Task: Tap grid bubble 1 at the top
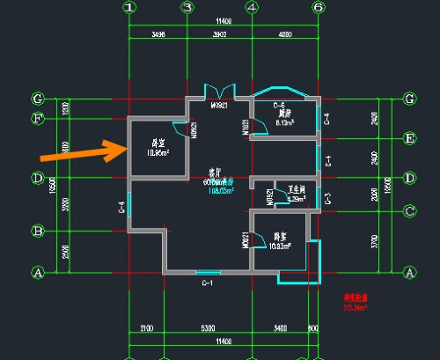(129, 8)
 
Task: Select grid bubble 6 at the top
(318, 8)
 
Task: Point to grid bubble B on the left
(37, 231)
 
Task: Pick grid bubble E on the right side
(408, 138)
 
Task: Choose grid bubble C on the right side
(408, 210)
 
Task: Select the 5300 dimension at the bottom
(208, 328)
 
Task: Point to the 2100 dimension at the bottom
(146, 328)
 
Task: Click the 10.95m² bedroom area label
(158, 152)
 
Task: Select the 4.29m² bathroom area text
(296, 199)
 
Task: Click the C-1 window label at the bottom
(208, 283)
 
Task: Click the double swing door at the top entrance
(219, 92)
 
